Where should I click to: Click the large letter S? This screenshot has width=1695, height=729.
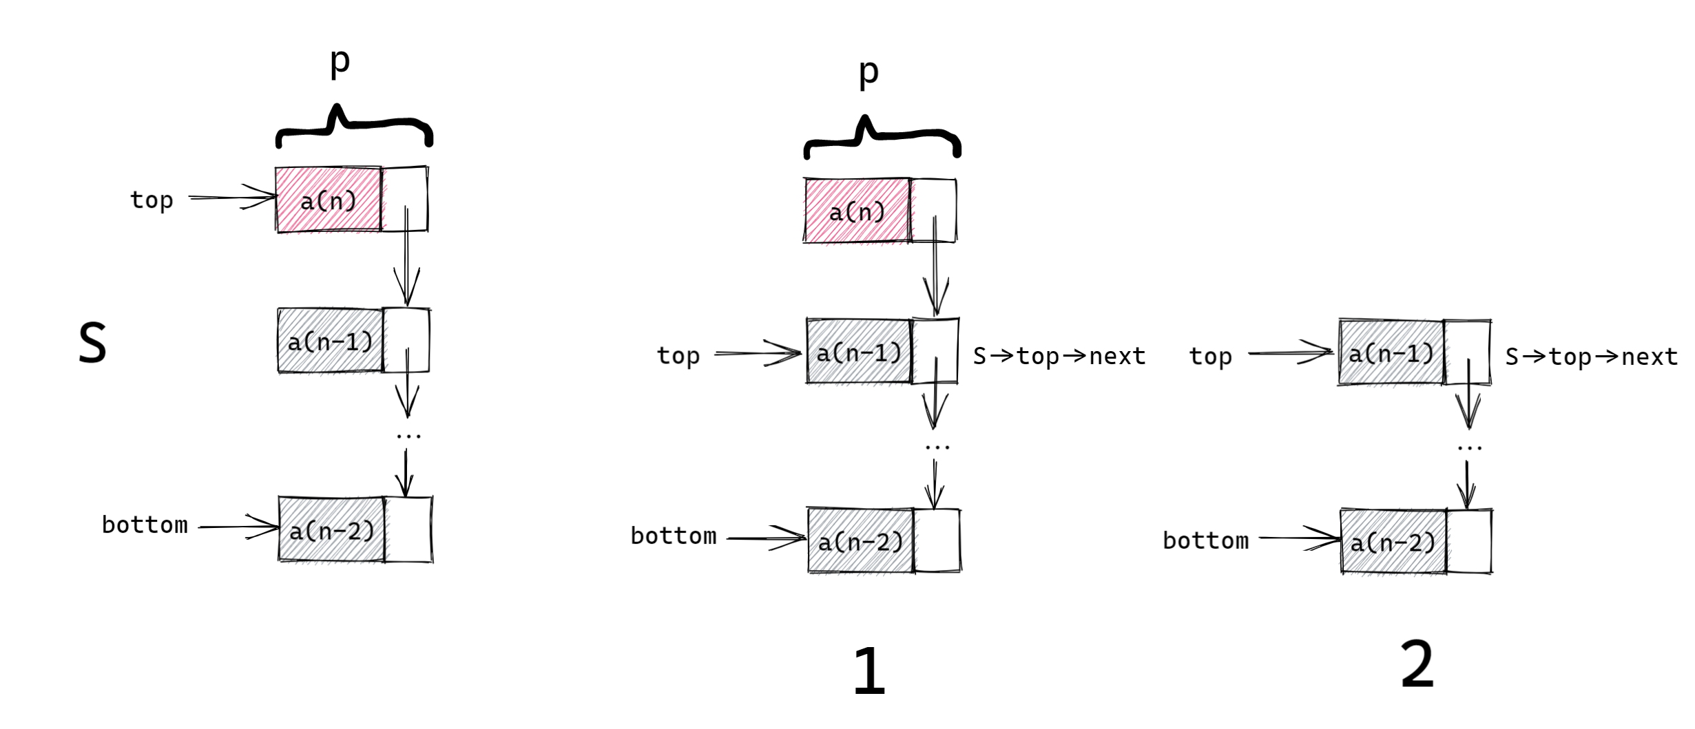click(92, 342)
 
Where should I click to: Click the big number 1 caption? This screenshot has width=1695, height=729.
click(869, 670)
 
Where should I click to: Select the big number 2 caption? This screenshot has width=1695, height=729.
click(1417, 664)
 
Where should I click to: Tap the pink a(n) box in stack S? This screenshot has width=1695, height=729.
click(329, 200)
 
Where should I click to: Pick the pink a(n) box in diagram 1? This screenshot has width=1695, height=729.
click(857, 211)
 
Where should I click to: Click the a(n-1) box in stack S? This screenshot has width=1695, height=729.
click(331, 341)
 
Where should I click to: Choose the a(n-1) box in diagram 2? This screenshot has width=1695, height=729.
click(1391, 353)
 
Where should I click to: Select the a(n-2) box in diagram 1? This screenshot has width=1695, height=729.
click(861, 542)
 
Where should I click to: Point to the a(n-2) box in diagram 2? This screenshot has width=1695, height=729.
click(1393, 542)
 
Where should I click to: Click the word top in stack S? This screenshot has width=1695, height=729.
click(152, 200)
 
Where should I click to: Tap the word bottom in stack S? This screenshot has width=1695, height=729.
click(145, 525)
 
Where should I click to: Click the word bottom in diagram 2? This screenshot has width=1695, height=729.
click(1205, 541)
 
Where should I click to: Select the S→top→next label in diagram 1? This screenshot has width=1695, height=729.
click(1059, 356)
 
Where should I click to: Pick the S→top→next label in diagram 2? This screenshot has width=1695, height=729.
click(1591, 357)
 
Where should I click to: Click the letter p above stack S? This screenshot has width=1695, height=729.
click(340, 62)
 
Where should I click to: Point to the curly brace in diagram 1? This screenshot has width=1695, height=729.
click(882, 138)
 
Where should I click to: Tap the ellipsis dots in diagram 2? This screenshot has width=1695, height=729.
click(1469, 448)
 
